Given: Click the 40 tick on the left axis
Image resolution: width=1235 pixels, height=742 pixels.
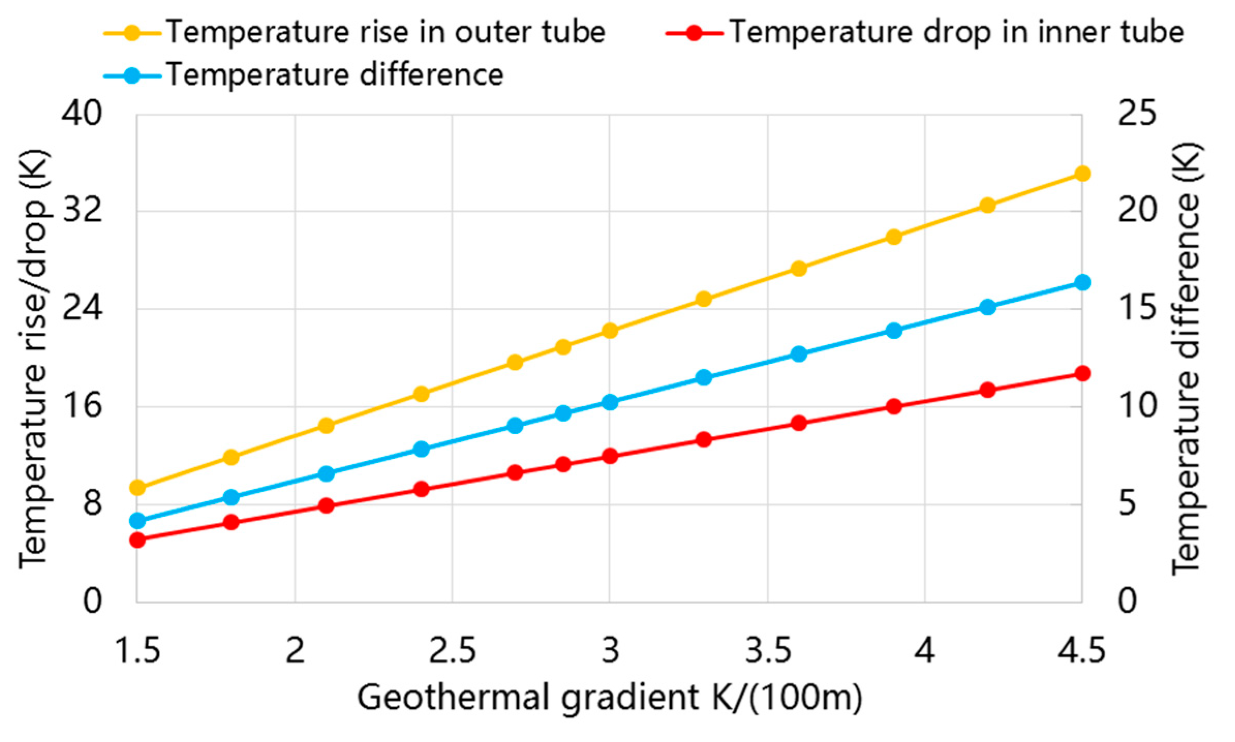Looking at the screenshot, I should pyautogui.click(x=82, y=114).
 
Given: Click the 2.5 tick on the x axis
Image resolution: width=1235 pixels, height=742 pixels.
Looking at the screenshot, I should pyautogui.click(x=453, y=651).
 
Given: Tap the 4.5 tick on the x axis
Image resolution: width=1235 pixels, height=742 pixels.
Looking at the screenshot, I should pyautogui.click(x=1081, y=651).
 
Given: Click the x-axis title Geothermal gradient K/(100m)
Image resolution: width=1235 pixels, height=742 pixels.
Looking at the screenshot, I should pyautogui.click(x=610, y=698).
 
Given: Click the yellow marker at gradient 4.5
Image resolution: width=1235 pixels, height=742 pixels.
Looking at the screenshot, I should pyautogui.click(x=1082, y=174).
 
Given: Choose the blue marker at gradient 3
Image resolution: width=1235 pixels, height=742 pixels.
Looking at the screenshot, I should pyautogui.click(x=610, y=402).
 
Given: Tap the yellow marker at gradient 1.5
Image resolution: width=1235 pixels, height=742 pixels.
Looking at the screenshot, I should pyautogui.click(x=137, y=487).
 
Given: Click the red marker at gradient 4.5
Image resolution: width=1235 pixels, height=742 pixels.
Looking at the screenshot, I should pyautogui.click(x=1082, y=374).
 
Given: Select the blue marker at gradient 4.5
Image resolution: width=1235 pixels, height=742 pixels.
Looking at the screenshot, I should pyautogui.click(x=1082, y=282).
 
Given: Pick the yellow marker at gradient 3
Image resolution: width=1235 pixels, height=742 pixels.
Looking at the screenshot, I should pyautogui.click(x=610, y=331).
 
